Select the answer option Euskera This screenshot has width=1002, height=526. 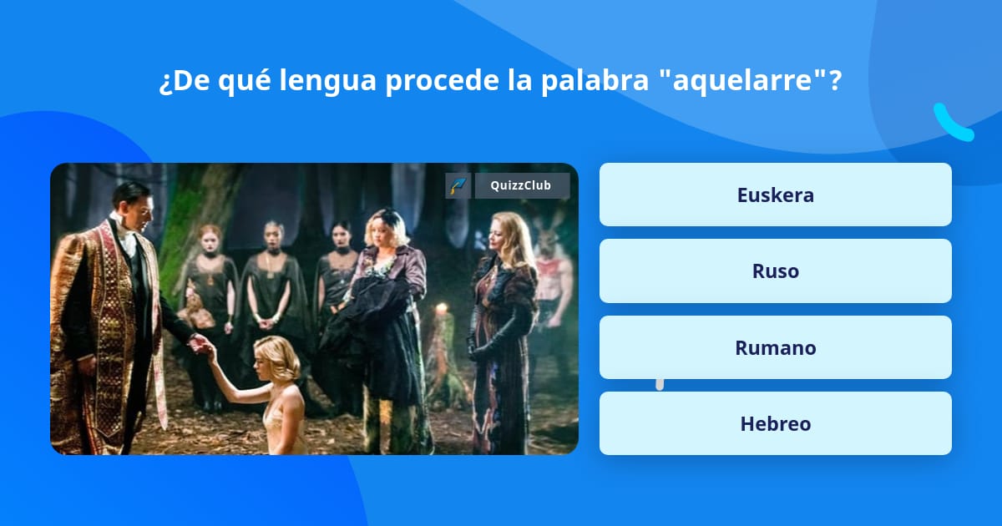pos(775,195)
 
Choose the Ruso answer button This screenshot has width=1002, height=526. pos(775,271)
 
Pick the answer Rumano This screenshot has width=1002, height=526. pos(775,347)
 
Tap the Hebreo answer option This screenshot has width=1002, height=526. pos(775,423)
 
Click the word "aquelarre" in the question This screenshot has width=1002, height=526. pos(746,81)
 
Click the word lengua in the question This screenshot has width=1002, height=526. pos(327,81)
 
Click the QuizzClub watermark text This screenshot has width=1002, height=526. pos(521,185)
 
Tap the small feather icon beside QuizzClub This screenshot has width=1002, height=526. pos(458,185)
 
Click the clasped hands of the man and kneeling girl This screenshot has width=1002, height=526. pos(200,343)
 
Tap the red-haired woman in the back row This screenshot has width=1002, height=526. pos(210,242)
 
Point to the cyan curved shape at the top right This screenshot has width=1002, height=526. pos(952,124)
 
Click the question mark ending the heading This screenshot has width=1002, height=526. pos(834,81)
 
